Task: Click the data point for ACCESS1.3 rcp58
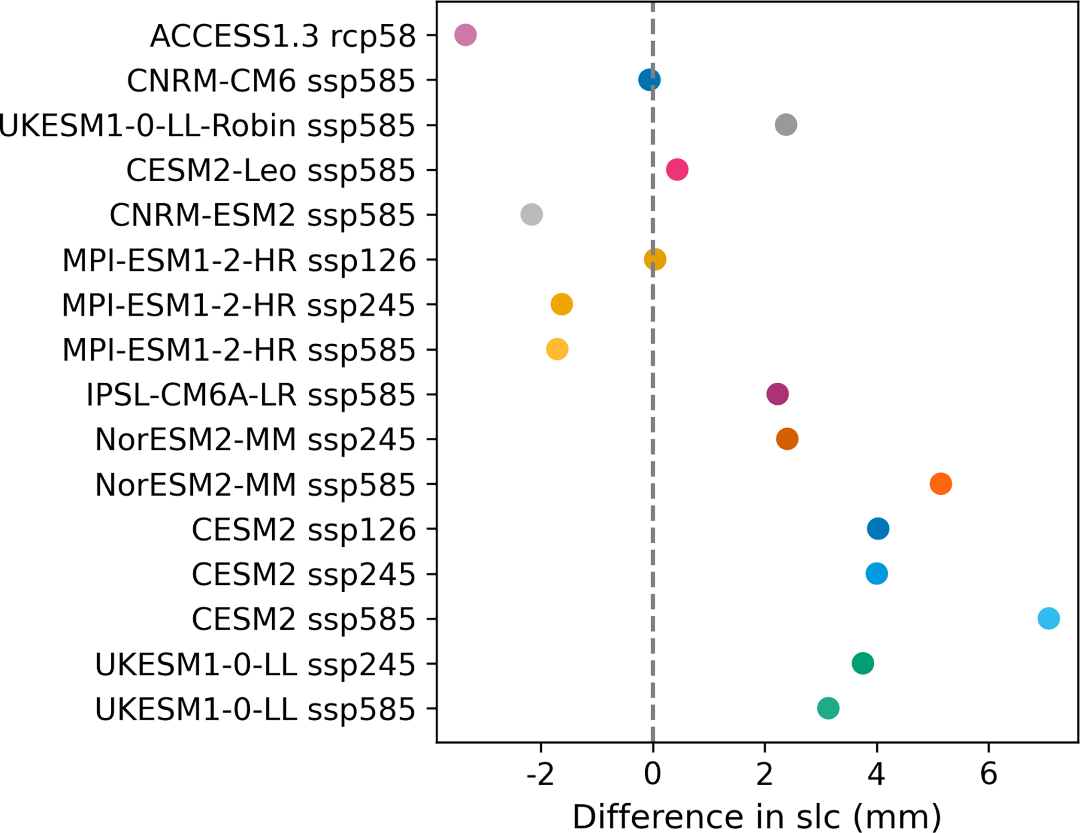pos(465,35)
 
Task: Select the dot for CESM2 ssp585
pos(1048,618)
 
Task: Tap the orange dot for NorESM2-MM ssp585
pos(940,484)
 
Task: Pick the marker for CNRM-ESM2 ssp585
pos(531,215)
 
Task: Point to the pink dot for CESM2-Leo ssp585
pos(677,170)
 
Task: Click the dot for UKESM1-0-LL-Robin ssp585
pos(786,125)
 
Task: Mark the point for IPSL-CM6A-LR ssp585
pos(777,394)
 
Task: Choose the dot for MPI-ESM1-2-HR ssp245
pos(561,304)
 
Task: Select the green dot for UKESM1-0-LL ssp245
pos(863,663)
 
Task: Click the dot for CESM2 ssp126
pos(878,529)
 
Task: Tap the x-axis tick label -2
pos(540,774)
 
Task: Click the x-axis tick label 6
pos(989,774)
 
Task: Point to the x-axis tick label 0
pos(653,774)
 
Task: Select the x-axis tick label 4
pos(876,774)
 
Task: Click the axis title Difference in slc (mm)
pos(757,816)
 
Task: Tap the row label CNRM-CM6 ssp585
pos(271,81)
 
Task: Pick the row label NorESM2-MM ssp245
pos(255,440)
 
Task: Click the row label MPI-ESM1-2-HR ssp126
pos(239,261)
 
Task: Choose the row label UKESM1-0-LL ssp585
pos(255,710)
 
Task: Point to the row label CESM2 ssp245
pos(303,574)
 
